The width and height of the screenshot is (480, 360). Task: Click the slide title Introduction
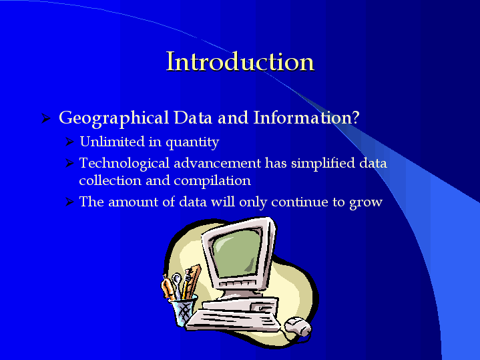[x=240, y=61]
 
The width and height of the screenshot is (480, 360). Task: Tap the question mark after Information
[x=355, y=117]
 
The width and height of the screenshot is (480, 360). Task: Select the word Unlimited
[x=112, y=141]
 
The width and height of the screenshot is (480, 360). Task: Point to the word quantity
[x=192, y=143]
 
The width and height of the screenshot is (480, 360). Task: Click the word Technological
[x=124, y=164]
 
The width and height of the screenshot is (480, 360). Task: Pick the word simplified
[x=323, y=163]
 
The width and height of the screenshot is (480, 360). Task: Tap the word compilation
[x=212, y=181]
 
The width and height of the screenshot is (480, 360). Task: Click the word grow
[x=366, y=202]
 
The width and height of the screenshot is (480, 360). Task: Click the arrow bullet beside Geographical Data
[x=46, y=118]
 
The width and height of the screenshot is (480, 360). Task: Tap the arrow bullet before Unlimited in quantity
[x=70, y=142]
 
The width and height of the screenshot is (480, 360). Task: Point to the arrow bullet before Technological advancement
[x=70, y=163]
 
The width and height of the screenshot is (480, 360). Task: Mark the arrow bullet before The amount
[x=70, y=202]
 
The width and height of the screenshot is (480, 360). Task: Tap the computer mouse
[x=298, y=327]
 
